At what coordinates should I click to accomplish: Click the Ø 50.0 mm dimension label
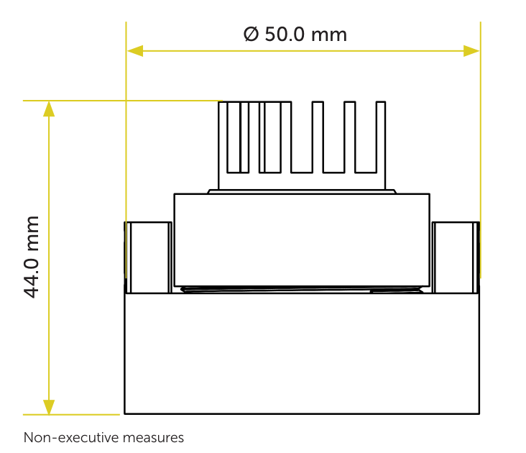click(295, 35)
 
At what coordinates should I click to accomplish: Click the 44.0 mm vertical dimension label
click(32, 257)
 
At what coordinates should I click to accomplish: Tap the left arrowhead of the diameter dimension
click(135, 51)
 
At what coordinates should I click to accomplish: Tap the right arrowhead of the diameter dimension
click(471, 51)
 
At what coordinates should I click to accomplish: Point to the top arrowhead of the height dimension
click(49, 109)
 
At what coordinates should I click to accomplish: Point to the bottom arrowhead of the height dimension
click(49, 407)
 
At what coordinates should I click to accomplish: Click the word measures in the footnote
click(153, 438)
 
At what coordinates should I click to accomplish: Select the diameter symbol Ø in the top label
click(252, 35)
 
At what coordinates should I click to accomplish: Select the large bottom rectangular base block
click(302, 354)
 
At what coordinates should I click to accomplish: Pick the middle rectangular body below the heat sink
click(302, 240)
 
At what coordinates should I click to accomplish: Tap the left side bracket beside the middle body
click(148, 257)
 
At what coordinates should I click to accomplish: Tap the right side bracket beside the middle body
click(456, 257)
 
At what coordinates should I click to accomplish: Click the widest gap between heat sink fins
click(302, 137)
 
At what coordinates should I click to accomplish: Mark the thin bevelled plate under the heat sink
click(302, 191)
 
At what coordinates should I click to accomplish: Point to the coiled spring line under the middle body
click(302, 289)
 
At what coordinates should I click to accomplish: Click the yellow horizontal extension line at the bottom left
click(71, 415)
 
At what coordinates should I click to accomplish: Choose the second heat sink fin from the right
click(349, 137)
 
